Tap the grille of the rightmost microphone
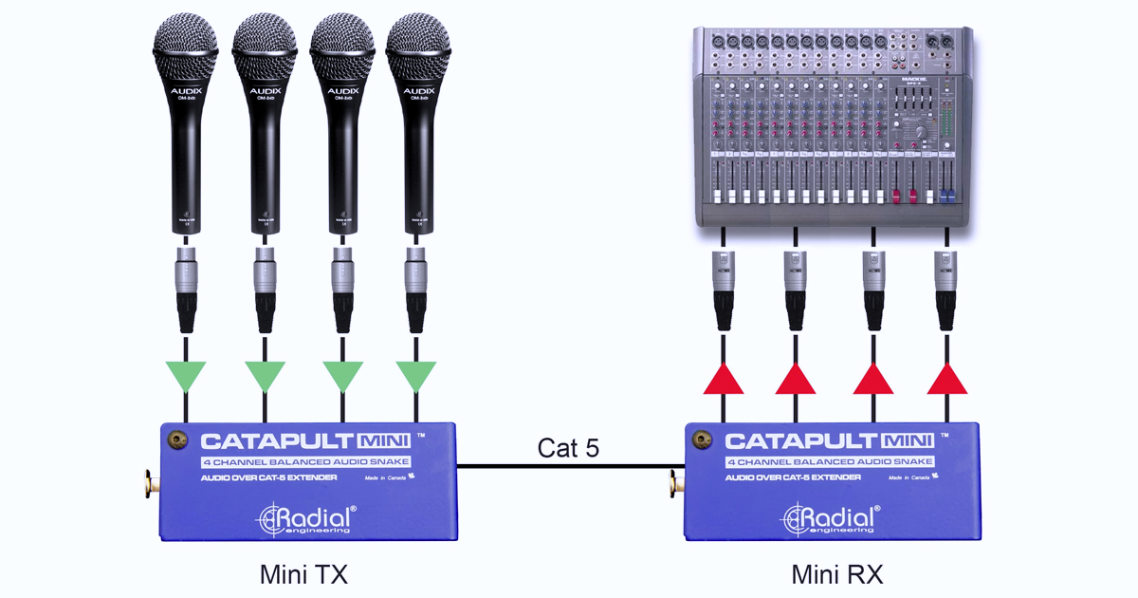point(418,46)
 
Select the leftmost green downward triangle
point(185,376)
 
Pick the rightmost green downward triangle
point(415,376)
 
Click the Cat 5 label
point(568,448)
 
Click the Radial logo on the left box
point(308,518)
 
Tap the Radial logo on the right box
point(832,518)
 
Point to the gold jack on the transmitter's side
point(149,483)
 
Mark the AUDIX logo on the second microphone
point(264,92)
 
